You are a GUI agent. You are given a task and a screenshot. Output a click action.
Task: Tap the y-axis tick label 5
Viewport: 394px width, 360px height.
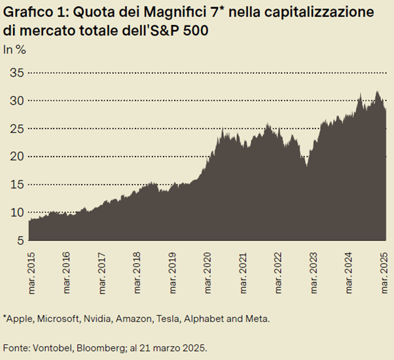click(x=18, y=240)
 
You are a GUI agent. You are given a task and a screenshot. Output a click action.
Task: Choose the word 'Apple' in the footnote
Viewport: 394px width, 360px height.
click(x=20, y=318)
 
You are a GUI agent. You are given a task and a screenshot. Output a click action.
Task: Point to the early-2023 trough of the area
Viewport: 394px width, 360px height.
click(x=306, y=166)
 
